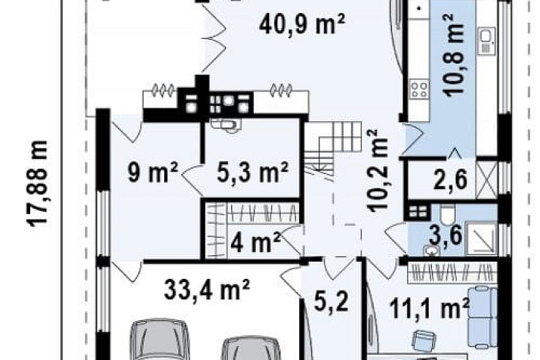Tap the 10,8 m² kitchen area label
(x=452, y=55)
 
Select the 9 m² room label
(x=153, y=173)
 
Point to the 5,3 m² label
(x=253, y=172)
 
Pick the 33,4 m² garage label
(x=207, y=290)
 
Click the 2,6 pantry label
(x=450, y=180)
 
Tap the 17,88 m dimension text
(x=37, y=183)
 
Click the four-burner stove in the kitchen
(x=419, y=88)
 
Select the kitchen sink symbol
(x=486, y=41)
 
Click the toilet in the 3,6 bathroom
(x=448, y=213)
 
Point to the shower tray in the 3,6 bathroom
(x=481, y=239)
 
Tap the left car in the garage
(x=160, y=339)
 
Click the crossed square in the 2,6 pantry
(x=486, y=180)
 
